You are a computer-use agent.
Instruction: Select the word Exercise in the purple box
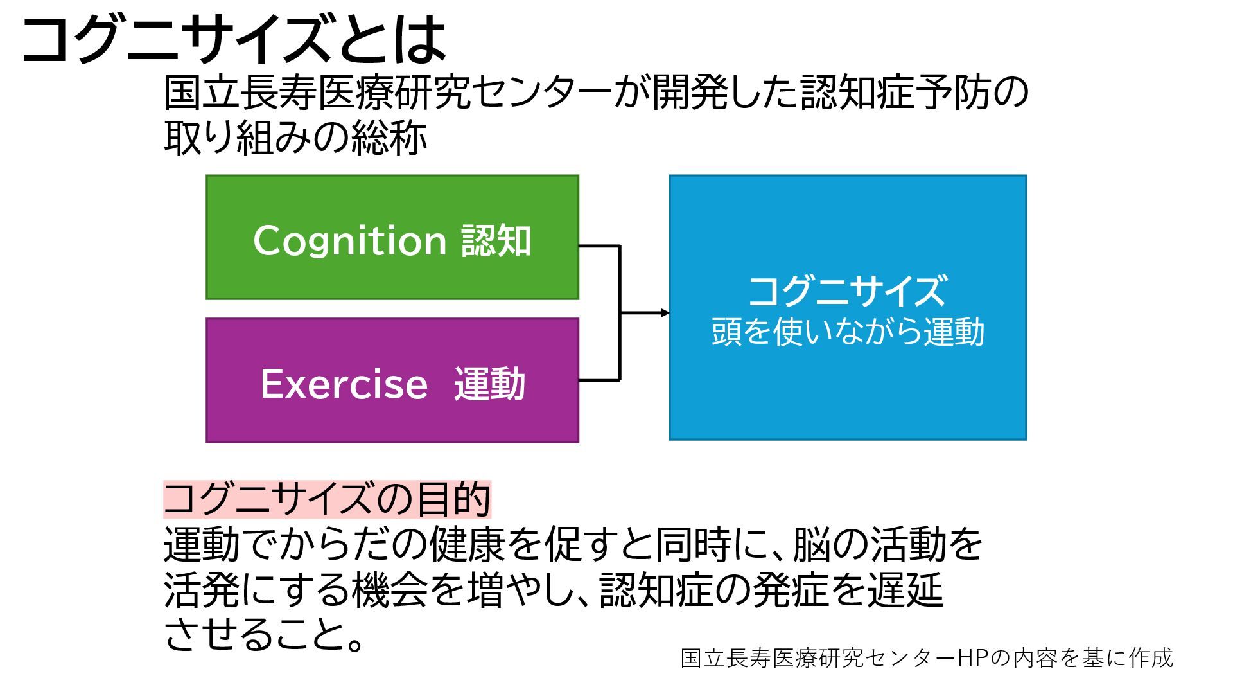(344, 384)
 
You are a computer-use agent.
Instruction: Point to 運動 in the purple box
(489, 384)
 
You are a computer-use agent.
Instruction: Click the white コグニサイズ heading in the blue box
(847, 290)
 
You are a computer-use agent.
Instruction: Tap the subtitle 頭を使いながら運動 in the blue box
(848, 332)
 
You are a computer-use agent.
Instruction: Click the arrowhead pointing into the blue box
(665, 313)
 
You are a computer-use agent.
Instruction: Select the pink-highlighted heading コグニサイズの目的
(327, 499)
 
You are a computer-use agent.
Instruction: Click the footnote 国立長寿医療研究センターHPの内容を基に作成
(927, 658)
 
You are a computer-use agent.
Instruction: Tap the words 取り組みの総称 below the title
(295, 138)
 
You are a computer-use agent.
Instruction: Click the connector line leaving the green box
(599, 245)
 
